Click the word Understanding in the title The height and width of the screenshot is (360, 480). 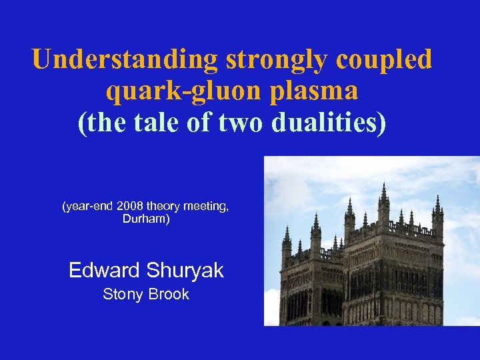(x=125, y=59)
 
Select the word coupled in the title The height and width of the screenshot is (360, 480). (x=385, y=59)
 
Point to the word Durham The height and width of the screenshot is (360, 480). (x=146, y=219)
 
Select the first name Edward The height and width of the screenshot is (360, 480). (x=103, y=270)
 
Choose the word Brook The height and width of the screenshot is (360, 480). (x=168, y=294)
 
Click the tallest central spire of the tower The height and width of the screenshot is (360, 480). (x=383, y=193)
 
